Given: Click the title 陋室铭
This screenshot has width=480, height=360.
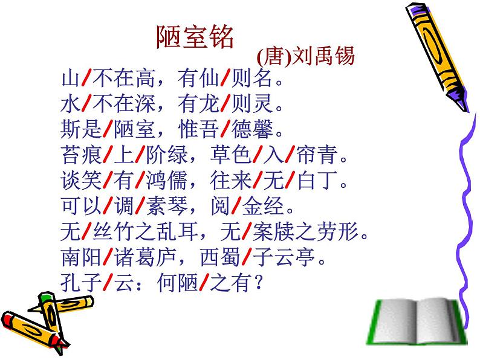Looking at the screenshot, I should click(194, 37).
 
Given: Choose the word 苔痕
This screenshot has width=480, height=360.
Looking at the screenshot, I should click(80, 155).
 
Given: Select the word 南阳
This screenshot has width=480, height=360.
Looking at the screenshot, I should click(80, 258).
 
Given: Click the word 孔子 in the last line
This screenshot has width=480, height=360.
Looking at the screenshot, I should click(80, 283).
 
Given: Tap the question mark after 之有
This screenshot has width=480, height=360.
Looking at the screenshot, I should click(258, 283).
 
